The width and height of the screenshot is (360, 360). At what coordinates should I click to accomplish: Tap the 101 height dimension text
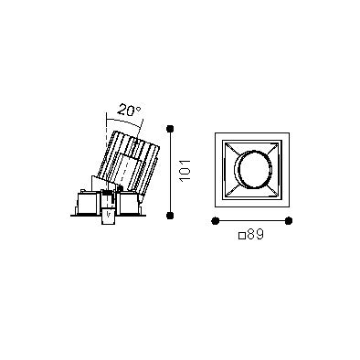click(185, 170)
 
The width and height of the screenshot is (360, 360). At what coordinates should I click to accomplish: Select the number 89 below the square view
click(255, 235)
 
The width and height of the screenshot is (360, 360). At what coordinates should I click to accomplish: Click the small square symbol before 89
click(242, 236)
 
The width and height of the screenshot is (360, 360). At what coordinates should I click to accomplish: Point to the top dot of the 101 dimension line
click(170, 129)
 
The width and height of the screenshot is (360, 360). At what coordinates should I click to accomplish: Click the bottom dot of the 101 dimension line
click(170, 216)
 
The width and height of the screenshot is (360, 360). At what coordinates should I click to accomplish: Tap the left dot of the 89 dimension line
click(215, 220)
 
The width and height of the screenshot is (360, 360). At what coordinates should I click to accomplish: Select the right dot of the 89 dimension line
click(289, 220)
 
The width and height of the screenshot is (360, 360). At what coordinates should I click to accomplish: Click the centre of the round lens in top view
click(252, 170)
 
